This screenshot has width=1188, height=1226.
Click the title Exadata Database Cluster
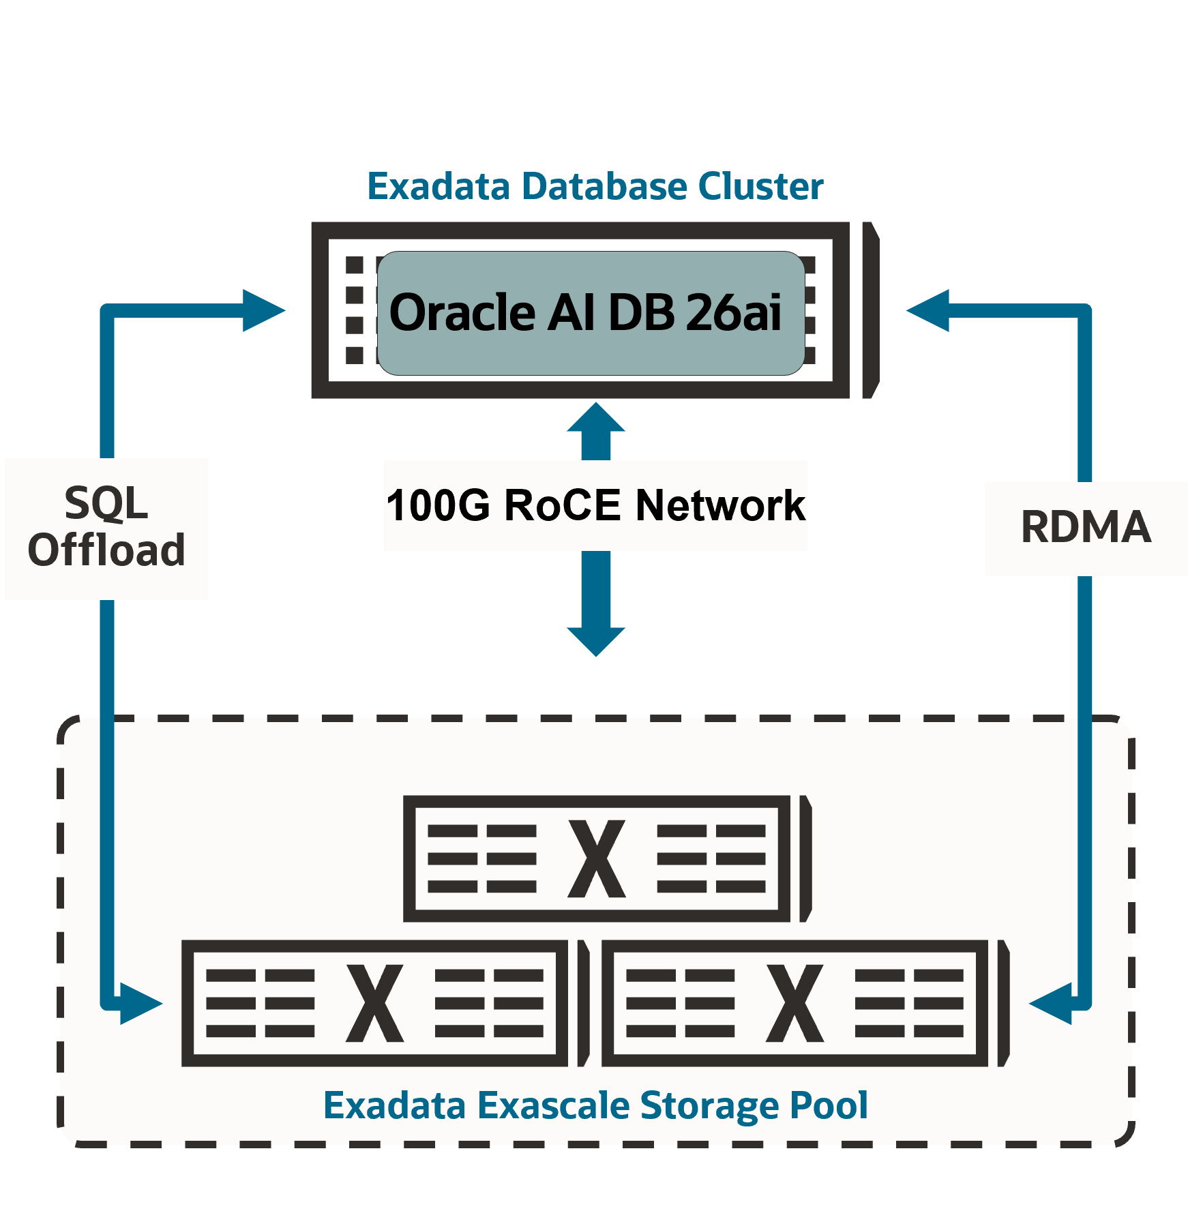[595, 187]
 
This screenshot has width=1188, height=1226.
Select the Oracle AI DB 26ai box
[591, 313]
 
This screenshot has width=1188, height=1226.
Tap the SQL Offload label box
[106, 528]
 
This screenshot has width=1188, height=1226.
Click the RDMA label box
[1086, 528]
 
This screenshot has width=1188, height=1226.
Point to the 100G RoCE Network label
[595, 505]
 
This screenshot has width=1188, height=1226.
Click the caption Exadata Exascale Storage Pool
[595, 1105]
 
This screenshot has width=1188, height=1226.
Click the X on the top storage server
[597, 858]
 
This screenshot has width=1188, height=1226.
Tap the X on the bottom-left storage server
[375, 1003]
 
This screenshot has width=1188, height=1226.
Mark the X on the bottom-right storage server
[795, 1003]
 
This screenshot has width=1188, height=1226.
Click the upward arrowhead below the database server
[596, 418]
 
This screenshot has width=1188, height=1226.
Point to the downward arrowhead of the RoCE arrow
[596, 641]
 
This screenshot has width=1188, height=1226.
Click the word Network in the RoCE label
[720, 505]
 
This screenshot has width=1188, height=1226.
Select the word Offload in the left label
[106, 550]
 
